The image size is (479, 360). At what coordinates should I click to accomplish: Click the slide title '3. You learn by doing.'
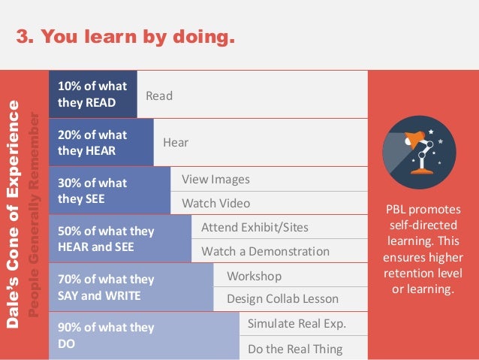[x=125, y=35]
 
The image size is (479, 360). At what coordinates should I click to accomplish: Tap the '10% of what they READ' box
[x=92, y=94]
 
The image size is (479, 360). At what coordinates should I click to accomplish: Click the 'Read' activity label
[x=159, y=95]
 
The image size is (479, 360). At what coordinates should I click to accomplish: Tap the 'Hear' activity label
[x=176, y=142]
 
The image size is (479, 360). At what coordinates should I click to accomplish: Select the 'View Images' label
[x=215, y=180]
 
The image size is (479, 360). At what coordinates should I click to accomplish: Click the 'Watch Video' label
[x=215, y=203]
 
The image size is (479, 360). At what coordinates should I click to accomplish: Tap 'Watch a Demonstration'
[x=265, y=251]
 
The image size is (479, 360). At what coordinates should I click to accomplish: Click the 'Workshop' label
[x=254, y=276]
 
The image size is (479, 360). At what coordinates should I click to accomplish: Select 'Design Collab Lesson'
[x=282, y=299]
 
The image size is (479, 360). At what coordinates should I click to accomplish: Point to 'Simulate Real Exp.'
[x=297, y=324]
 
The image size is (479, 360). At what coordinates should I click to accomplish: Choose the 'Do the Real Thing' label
[x=295, y=349]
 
